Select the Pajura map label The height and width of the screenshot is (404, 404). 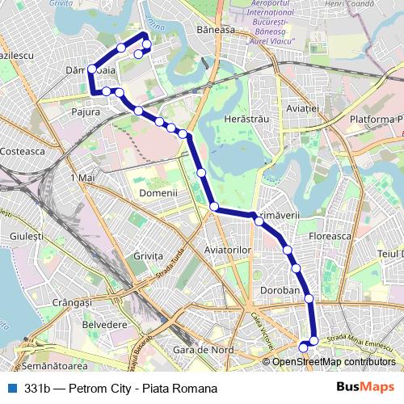coord(86,112)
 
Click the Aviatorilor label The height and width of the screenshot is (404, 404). coord(229,250)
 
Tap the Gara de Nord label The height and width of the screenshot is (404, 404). coord(204,350)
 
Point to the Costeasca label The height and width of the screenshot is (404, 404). coord(23,150)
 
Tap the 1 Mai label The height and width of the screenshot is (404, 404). coord(83,177)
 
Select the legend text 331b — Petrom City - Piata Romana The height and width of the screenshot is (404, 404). coord(120,389)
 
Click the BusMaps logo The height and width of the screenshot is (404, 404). coord(365,388)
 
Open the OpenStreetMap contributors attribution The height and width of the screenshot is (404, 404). coord(333,362)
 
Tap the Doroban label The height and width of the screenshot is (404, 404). coord(280,290)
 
